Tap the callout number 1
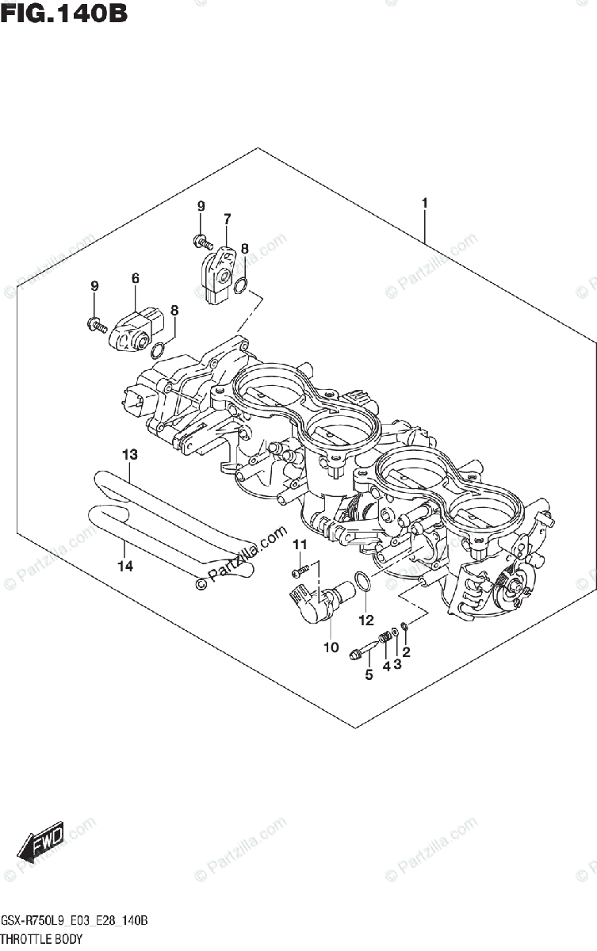coord(425,204)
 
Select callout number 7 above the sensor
coord(227,218)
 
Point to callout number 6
coord(136,278)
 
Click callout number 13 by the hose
coord(129,455)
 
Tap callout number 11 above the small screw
coord(300,544)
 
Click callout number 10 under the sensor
coord(331,647)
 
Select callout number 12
coord(365,619)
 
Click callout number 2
coord(407,652)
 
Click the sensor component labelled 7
coord(219,273)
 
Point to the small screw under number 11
coord(298,571)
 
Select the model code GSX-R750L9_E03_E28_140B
coord(75,922)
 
